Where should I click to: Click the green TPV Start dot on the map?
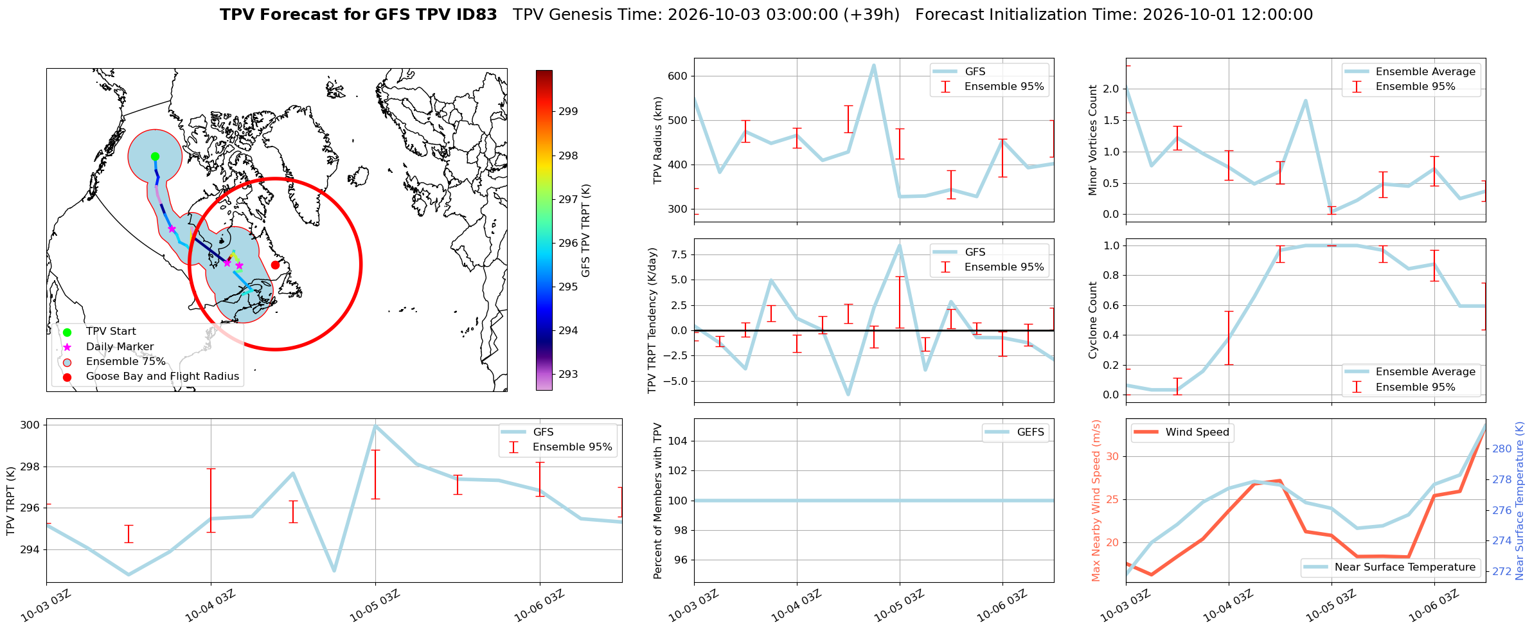pos(155,156)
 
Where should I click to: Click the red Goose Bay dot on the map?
pos(275,265)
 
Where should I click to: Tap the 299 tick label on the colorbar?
pos(568,111)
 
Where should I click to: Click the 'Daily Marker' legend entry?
pos(109,347)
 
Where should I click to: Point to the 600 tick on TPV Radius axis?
pos(678,76)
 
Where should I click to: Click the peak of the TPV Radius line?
pos(873,65)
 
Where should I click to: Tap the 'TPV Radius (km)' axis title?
pos(657,140)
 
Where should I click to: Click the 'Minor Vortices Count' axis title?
pos(1093,140)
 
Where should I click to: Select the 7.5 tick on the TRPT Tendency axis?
pos(679,254)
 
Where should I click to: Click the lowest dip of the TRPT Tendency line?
pos(848,395)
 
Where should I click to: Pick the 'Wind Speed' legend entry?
pos(1182,432)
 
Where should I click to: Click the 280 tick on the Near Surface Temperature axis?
pos(1502,449)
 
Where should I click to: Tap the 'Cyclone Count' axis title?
pos(1093,320)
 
